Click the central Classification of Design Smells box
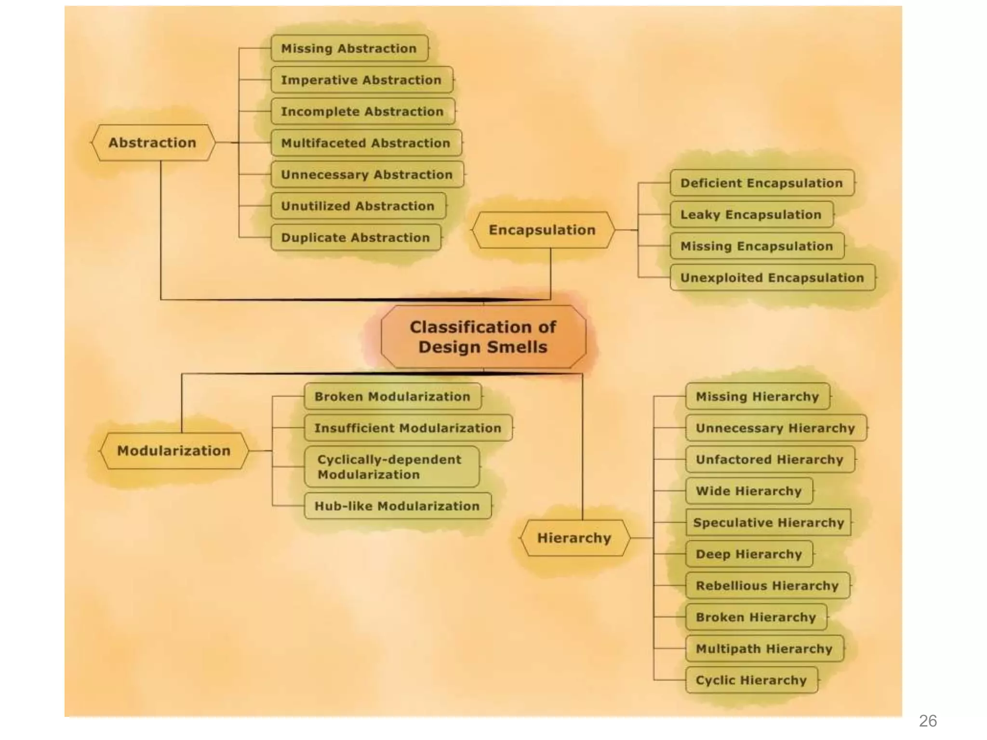click(483, 337)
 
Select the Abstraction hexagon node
click(152, 143)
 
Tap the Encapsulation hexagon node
click(543, 230)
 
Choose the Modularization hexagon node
click(174, 451)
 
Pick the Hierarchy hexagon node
click(574, 538)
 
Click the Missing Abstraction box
click(349, 48)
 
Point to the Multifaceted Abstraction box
click(366, 143)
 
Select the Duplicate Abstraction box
click(356, 238)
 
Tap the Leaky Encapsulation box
click(751, 214)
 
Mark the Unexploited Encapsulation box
click(772, 277)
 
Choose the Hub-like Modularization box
click(398, 506)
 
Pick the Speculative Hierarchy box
click(768, 523)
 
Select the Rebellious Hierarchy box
click(767, 586)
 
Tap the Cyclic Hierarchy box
click(751, 680)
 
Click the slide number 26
click(928, 721)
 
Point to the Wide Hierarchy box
click(749, 491)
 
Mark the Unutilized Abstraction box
click(358, 206)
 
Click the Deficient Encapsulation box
click(762, 183)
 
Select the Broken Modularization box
click(392, 396)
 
